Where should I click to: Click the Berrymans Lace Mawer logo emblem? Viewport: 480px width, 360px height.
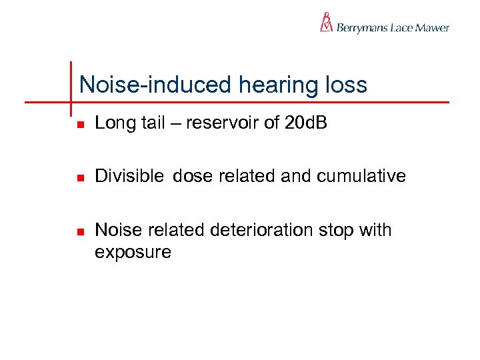pos(326,23)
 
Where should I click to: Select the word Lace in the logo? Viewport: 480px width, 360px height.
pos(401,28)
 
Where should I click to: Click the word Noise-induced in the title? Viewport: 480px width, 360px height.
pos(153,85)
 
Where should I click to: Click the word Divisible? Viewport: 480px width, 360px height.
pos(129,176)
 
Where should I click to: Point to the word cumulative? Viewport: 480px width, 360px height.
pos(361,176)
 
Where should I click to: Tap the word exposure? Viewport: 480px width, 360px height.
pos(133,252)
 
